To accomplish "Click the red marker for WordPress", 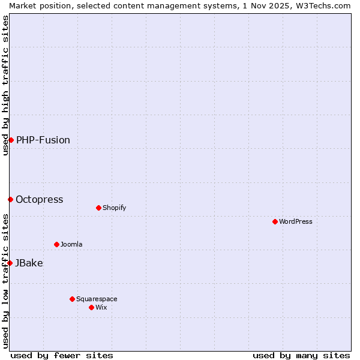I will tap(275, 221).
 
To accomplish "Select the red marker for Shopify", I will tap(98, 208).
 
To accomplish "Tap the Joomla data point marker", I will tap(56, 244).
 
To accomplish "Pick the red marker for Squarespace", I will tap(72, 299).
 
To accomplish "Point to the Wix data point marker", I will tap(91, 307).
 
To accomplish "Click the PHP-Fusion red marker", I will tap(11, 140).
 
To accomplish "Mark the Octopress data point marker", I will tap(10, 199).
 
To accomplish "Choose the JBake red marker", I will tap(10, 263).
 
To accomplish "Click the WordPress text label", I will tap(296, 221).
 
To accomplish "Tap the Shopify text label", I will tap(114, 208).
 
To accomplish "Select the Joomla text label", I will tap(71, 244).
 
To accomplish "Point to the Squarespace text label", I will tap(97, 299).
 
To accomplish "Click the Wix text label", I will tap(101, 307).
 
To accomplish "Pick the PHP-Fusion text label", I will tap(43, 140).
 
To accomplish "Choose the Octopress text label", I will tap(40, 199).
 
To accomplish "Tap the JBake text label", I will tap(29, 263).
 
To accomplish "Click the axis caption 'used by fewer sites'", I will tap(62, 355).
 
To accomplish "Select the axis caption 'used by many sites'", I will tap(301, 355).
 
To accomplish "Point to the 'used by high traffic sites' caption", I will tap(5, 85).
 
